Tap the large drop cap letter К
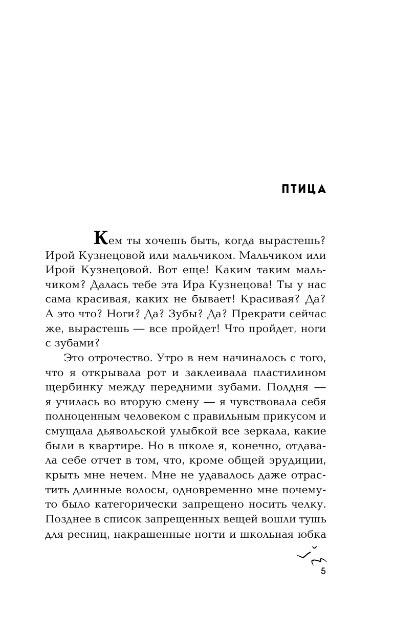pyautogui.click(x=100, y=238)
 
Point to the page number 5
pyautogui.click(x=323, y=572)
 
